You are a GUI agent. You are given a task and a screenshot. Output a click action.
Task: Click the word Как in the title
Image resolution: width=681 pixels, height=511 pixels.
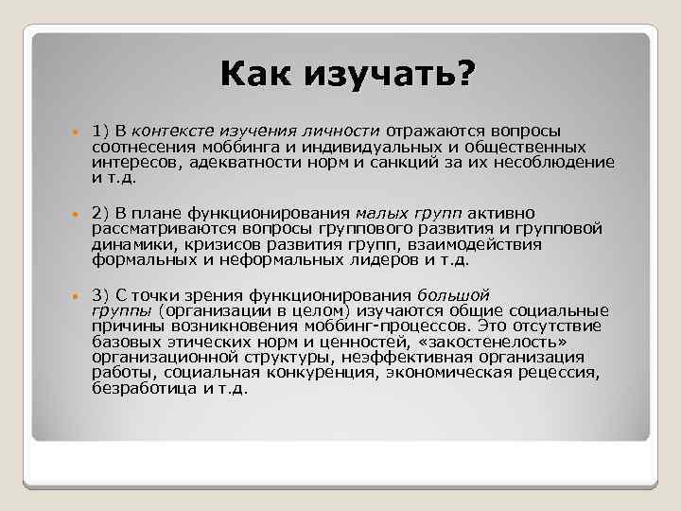click(x=256, y=74)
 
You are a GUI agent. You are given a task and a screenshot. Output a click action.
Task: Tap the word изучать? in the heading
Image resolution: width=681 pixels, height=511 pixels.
click(x=393, y=74)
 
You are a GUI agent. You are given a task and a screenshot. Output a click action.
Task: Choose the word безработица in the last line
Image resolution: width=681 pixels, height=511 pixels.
click(x=138, y=387)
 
